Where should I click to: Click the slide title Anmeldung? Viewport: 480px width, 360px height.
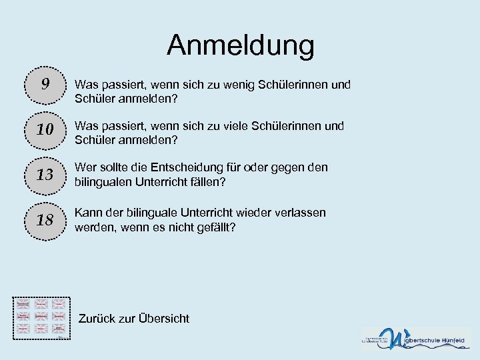pyautogui.click(x=240, y=45)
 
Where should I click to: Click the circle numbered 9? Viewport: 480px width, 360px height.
pyautogui.click(x=45, y=84)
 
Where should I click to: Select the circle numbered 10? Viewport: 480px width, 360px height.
pyautogui.click(x=45, y=130)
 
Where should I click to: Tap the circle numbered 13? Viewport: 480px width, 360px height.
pyautogui.click(x=45, y=175)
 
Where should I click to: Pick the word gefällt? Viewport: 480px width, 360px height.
pyautogui.click(x=215, y=227)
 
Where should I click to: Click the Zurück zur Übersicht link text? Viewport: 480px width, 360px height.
pyautogui.click(x=133, y=319)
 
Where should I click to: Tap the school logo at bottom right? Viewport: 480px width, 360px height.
pyautogui.click(x=416, y=338)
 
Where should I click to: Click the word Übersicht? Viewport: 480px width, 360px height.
pyautogui.click(x=164, y=319)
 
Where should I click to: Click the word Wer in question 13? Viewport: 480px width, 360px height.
pyautogui.click(x=85, y=167)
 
